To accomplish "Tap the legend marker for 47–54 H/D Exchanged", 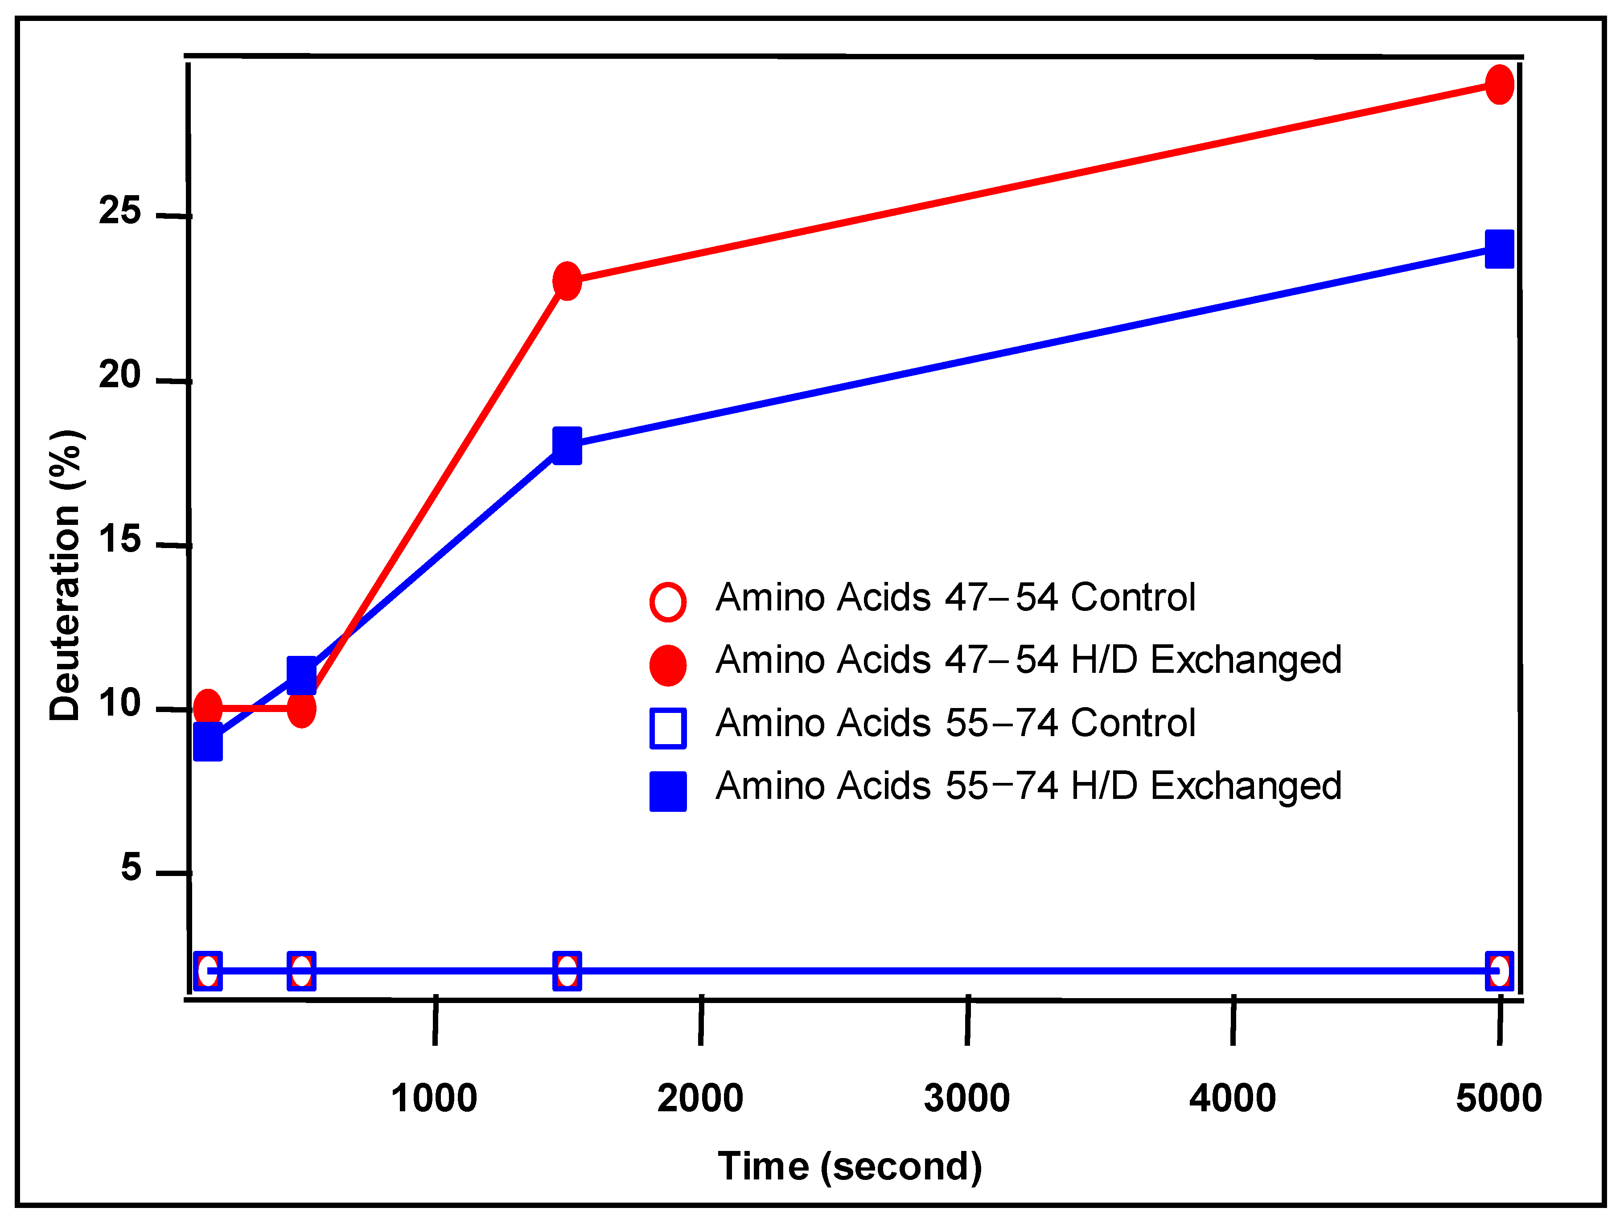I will [x=667, y=665].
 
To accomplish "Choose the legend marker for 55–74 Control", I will [x=667, y=728].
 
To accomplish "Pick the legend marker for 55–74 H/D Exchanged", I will [x=667, y=791].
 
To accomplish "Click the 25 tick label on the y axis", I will [x=119, y=211].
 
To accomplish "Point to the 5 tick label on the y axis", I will [x=131, y=868].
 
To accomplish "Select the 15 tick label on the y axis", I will [x=119, y=540].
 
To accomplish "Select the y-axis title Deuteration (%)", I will [x=66, y=575].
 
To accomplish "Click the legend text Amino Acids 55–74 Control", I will [x=955, y=723].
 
